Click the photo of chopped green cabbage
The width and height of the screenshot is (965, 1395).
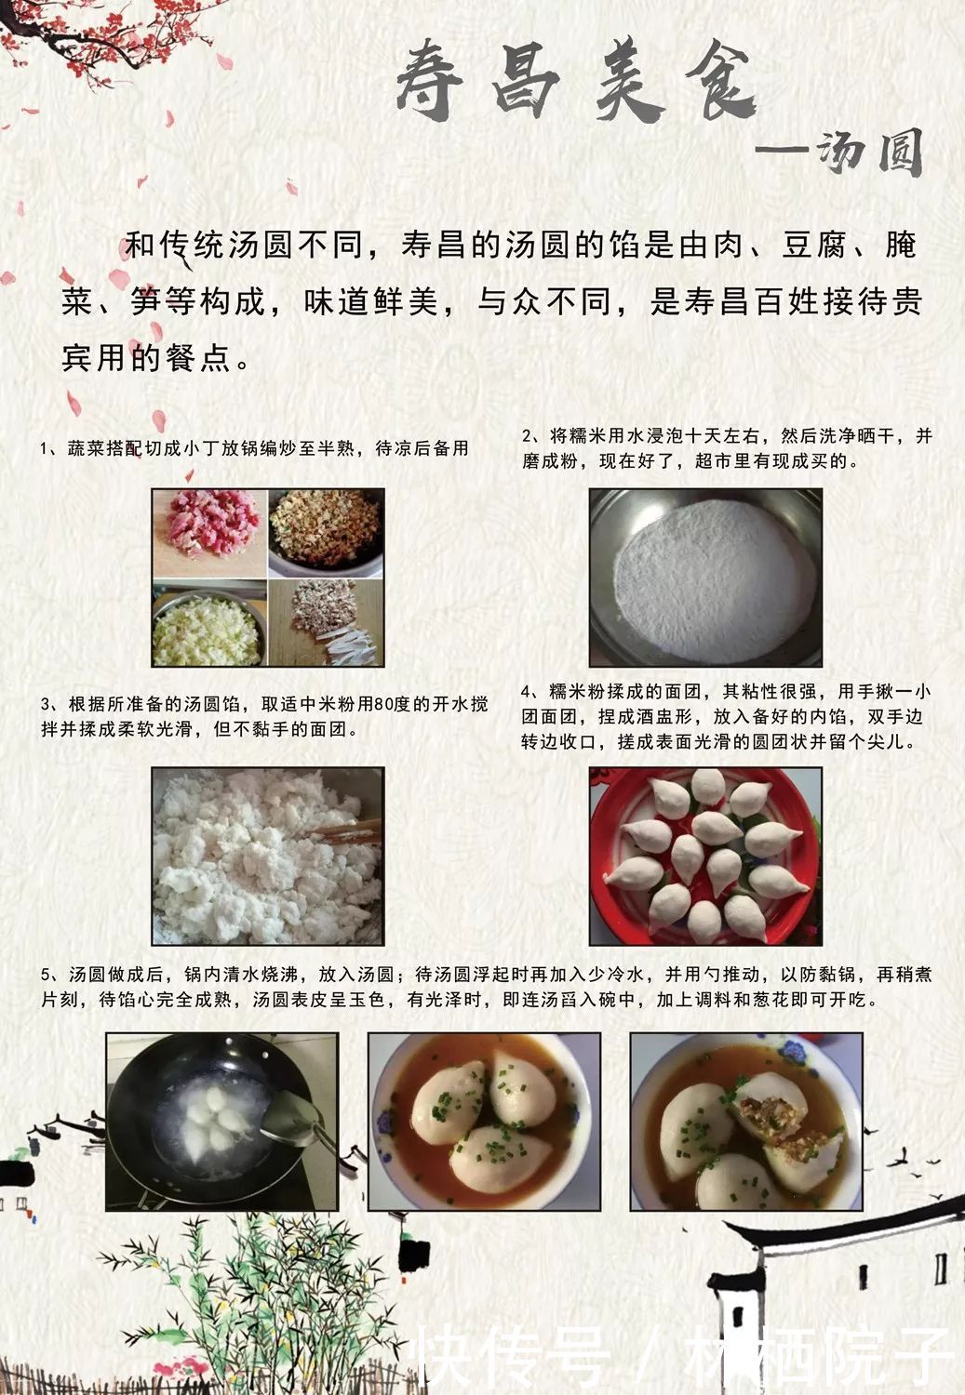209,625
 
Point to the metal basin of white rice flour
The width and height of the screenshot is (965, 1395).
704,578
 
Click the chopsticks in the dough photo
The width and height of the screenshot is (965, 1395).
346,830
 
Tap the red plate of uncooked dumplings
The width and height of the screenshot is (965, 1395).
704,856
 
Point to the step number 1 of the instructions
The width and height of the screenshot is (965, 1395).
45,449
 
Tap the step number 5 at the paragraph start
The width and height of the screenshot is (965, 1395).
45,975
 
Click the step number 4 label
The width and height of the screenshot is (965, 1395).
527,692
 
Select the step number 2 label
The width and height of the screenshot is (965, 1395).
527,436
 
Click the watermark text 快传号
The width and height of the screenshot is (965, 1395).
512,1356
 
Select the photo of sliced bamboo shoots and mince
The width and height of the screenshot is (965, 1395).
326,625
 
